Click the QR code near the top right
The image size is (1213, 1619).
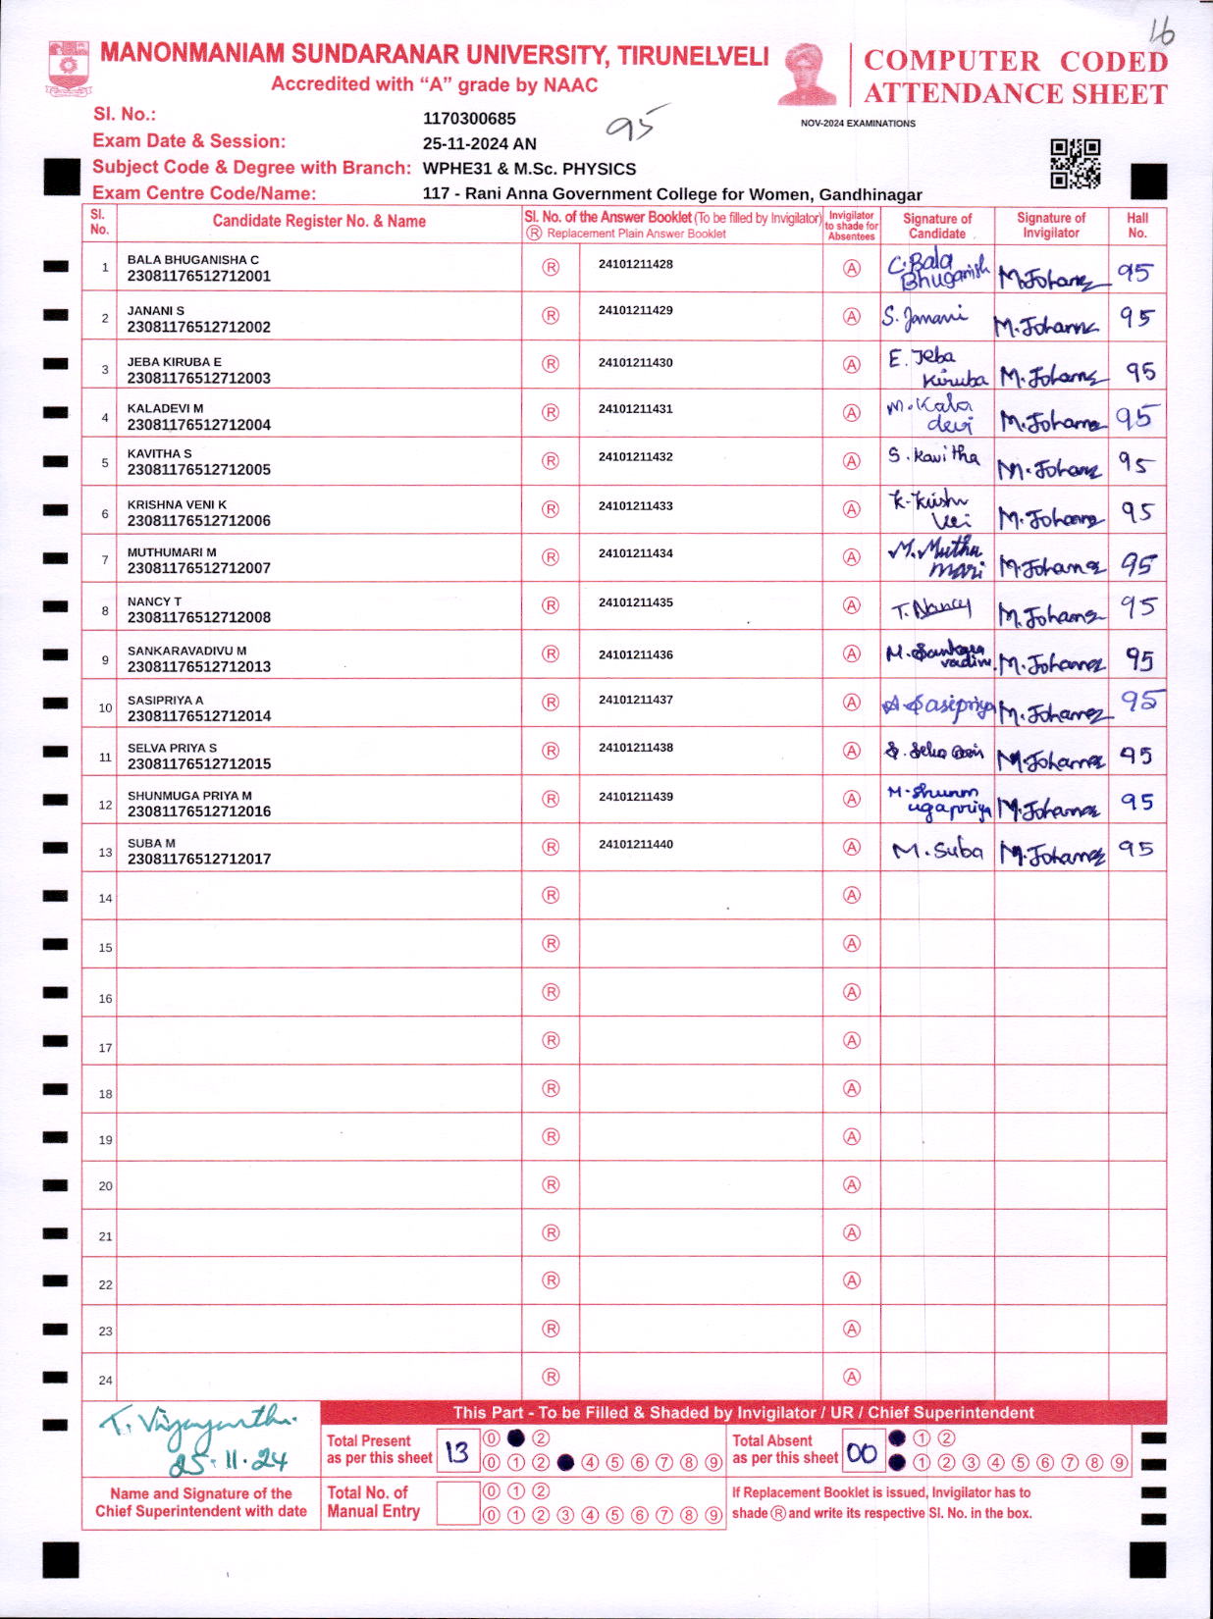1075,164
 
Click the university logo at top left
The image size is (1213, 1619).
69,67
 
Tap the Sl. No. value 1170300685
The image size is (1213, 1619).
469,119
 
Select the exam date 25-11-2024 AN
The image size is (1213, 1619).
479,143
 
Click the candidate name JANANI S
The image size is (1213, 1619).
155,310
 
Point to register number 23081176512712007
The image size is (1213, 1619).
198,568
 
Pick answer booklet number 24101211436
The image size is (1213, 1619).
635,654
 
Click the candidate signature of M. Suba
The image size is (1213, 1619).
937,851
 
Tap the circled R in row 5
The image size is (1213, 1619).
551,460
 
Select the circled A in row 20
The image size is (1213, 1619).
852,1185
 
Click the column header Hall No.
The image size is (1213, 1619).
1136,226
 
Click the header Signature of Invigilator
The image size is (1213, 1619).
1050,226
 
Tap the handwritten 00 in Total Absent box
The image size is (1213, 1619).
861,1453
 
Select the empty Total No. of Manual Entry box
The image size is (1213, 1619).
456,1503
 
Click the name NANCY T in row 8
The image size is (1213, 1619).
154,601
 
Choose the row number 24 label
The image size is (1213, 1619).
105,1380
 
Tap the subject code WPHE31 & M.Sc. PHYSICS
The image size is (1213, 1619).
529,169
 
